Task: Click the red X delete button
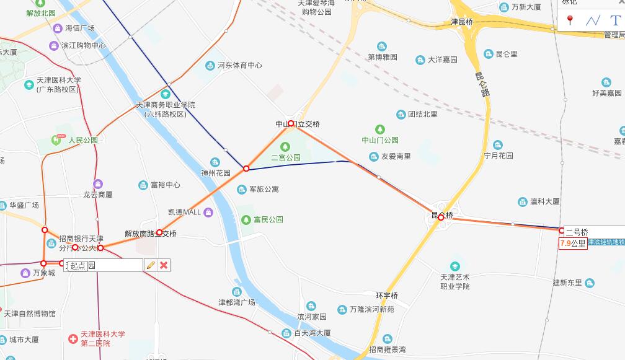[x=164, y=265]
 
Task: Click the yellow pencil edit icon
[x=150, y=265]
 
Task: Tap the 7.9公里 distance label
[x=573, y=244]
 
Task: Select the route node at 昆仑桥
[x=441, y=217]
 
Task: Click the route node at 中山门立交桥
[x=291, y=124]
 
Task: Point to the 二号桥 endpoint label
[x=577, y=232]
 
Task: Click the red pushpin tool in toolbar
[x=570, y=20]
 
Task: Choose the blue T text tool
[x=614, y=20]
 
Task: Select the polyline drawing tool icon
[x=593, y=20]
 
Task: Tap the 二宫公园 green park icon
[x=285, y=147]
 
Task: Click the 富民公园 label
[x=268, y=219]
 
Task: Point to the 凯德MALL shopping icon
[x=209, y=213]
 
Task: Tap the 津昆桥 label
[x=462, y=22]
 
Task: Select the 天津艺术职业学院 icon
[x=456, y=266]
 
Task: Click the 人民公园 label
[x=83, y=140]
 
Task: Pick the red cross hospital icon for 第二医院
[x=73, y=338]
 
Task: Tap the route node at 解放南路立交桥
[x=159, y=232]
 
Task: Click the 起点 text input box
[x=104, y=265]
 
